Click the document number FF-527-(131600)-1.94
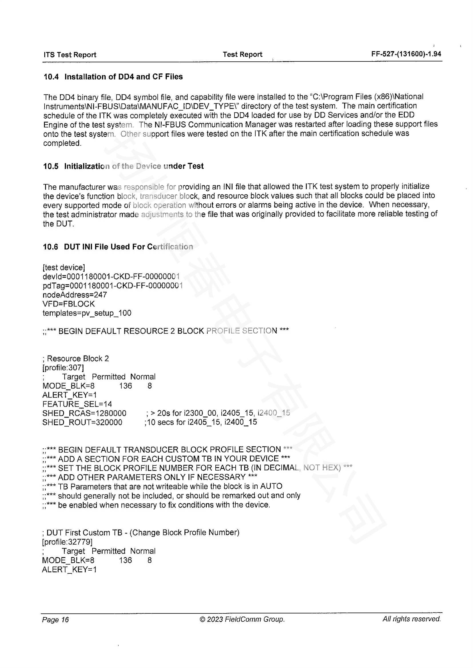coord(406,54)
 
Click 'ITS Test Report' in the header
coord(70,55)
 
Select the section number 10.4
coord(51,77)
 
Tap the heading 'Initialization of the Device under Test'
coord(134,166)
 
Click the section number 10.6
coord(50,247)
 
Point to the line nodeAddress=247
coord(75,295)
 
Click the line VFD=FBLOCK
coord(69,304)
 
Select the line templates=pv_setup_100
coord(87,313)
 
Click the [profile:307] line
coord(63,368)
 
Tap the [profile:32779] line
coord(67,542)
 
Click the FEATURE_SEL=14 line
coord(77,404)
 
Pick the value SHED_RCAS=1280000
coord(84,413)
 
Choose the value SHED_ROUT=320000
coord(82,422)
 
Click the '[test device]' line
coord(64,267)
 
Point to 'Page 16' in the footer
coord(55,620)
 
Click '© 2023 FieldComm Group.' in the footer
coord(242,619)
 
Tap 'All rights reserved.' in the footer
coord(412,619)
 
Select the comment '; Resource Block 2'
coord(76,358)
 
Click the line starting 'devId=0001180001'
coord(111,276)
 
